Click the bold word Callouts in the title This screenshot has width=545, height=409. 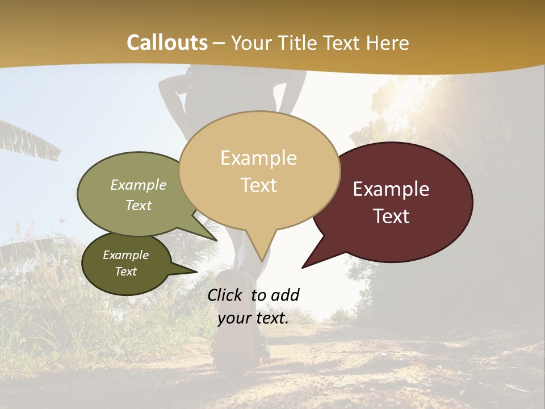click(x=167, y=43)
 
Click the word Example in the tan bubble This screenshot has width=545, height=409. click(x=258, y=158)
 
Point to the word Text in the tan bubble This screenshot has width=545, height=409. click(x=259, y=185)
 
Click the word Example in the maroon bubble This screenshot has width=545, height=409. click(x=391, y=189)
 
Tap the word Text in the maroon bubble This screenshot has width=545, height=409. click(x=392, y=216)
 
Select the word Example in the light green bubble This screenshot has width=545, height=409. click(x=139, y=185)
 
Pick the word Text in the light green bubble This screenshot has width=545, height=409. click(x=139, y=205)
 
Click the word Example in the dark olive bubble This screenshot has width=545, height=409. click(x=125, y=255)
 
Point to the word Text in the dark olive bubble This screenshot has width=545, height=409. click(x=126, y=272)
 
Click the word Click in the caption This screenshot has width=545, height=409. click(x=226, y=295)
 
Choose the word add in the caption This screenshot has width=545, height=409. click(x=285, y=295)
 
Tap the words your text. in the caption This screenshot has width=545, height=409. click(x=253, y=318)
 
